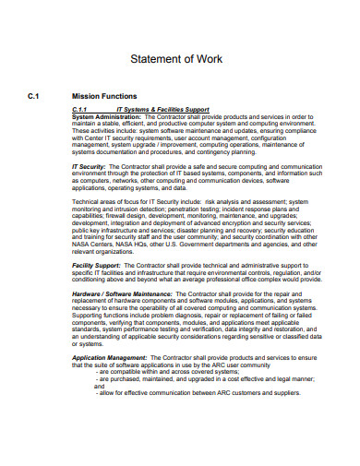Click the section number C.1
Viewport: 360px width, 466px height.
click(x=34, y=95)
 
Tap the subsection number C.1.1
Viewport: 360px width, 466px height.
click(x=83, y=110)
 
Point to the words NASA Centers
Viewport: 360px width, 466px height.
click(x=94, y=244)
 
